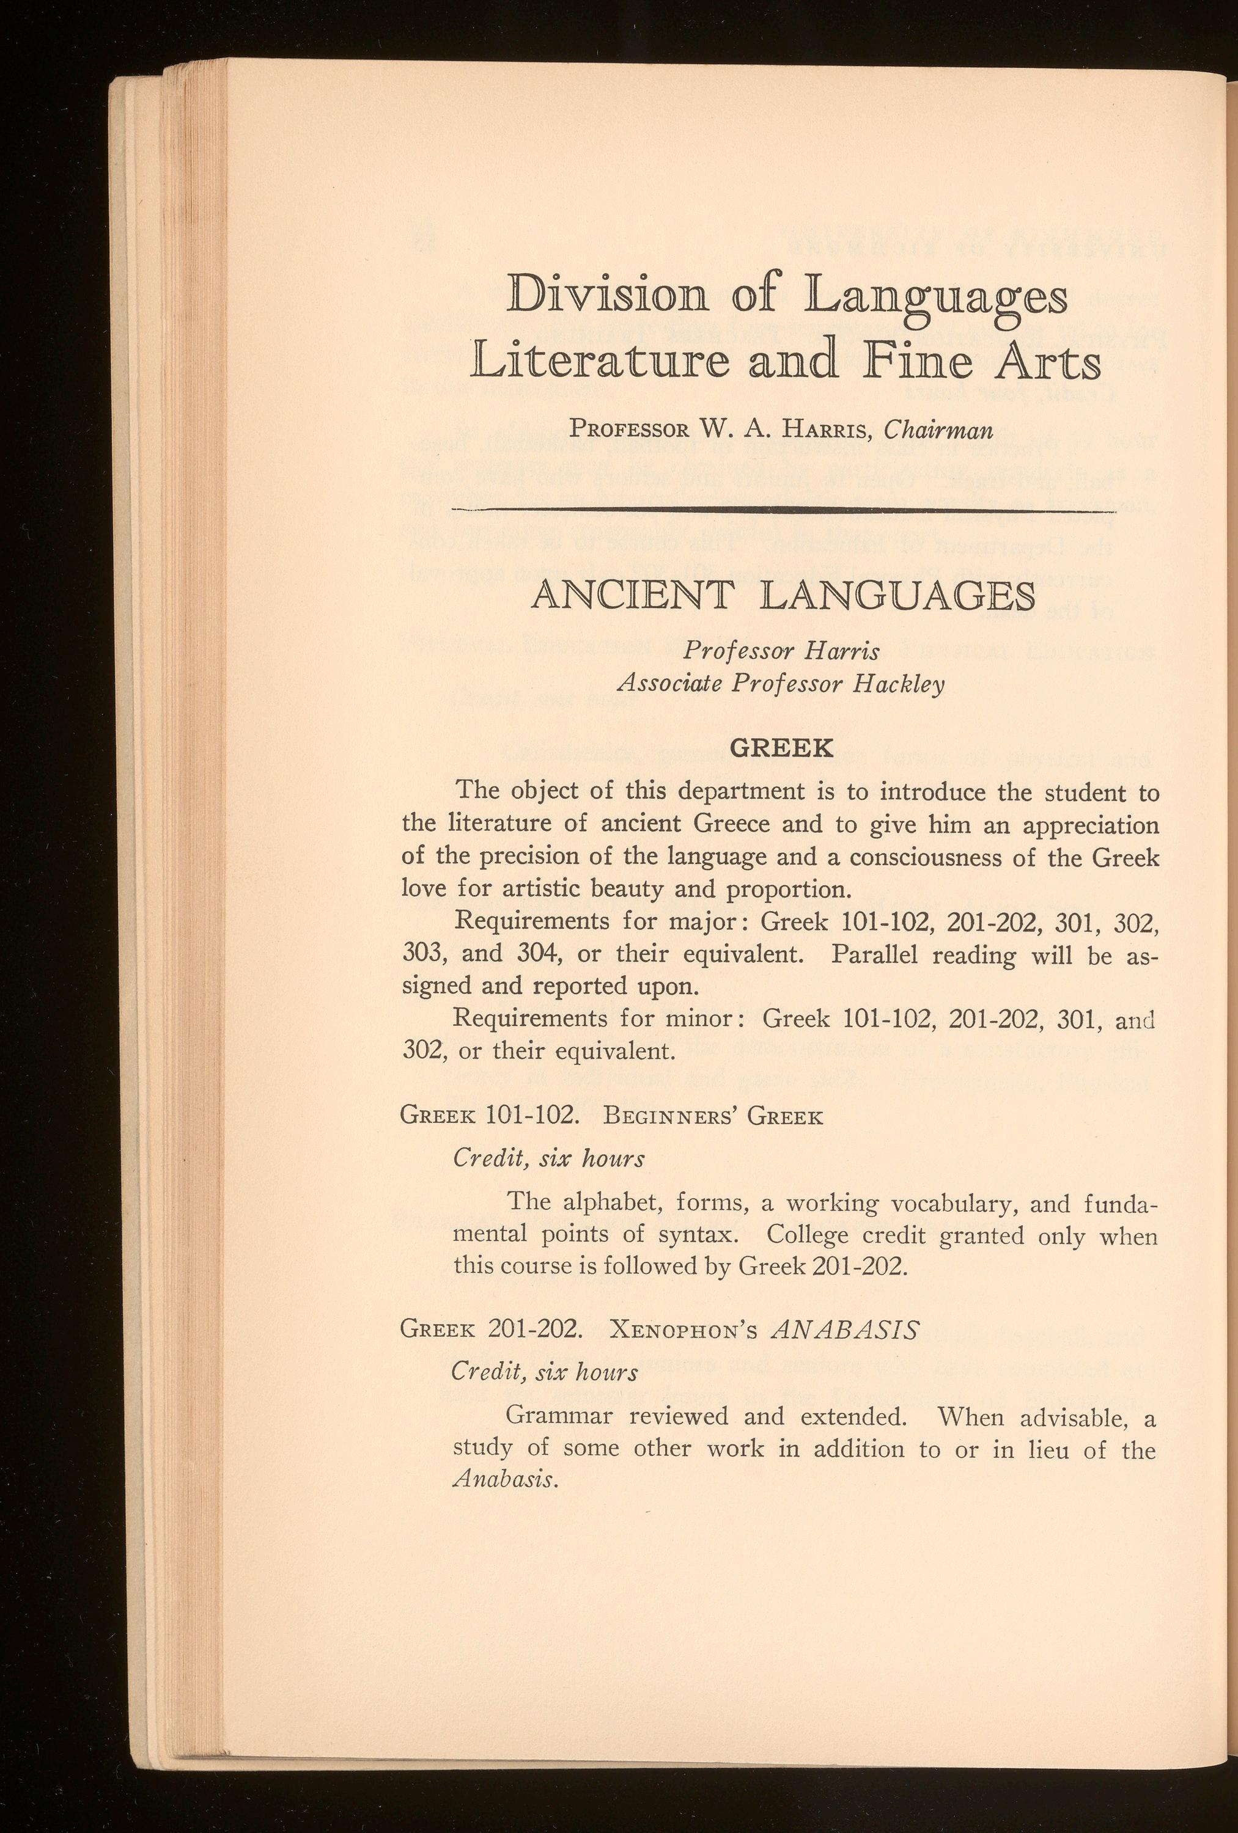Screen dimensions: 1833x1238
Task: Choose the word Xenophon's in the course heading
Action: coord(684,1332)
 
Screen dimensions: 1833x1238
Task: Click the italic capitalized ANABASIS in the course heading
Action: coord(845,1331)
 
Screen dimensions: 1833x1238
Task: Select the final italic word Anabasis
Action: coord(506,1480)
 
